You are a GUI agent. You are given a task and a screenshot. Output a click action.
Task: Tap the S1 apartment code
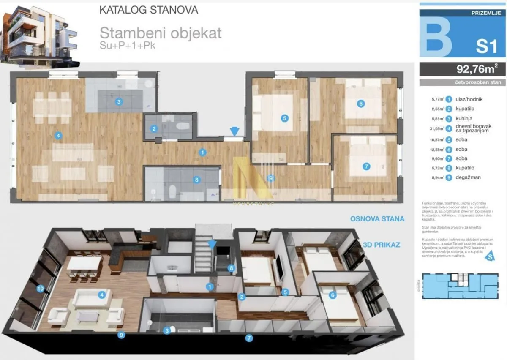tap(486, 45)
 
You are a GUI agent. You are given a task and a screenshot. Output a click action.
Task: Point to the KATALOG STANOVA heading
tap(148, 10)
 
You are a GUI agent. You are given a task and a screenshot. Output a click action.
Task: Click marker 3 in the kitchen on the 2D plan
tap(119, 101)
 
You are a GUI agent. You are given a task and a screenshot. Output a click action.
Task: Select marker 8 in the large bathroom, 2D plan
tap(196, 180)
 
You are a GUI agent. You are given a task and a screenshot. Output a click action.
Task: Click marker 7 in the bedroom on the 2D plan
tap(366, 166)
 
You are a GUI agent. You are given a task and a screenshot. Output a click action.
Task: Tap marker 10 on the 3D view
tap(40, 289)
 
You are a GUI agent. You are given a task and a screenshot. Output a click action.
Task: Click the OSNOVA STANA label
tap(377, 219)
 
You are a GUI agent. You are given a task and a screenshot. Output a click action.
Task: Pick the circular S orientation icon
tap(490, 256)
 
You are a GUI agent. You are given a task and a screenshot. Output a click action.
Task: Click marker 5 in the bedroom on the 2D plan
tap(285, 119)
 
